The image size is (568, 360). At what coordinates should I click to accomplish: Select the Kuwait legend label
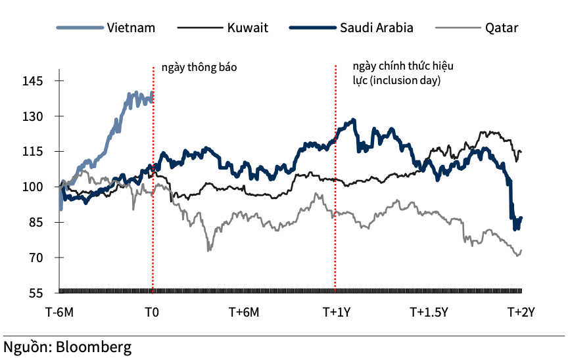[247, 28]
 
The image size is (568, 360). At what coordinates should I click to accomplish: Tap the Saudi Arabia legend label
[377, 28]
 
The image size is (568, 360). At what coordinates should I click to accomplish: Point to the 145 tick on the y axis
[32, 81]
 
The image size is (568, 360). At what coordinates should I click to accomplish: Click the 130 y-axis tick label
[32, 116]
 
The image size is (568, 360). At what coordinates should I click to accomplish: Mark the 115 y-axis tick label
[32, 152]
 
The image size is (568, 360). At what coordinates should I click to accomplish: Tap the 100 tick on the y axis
[32, 187]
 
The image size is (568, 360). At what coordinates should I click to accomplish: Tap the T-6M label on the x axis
[59, 312]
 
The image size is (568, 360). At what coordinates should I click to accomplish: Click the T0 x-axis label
[152, 312]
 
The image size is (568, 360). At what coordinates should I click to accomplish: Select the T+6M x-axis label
[245, 312]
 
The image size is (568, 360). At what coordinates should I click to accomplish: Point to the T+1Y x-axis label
[337, 312]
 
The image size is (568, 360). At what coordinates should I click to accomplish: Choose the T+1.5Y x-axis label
[429, 312]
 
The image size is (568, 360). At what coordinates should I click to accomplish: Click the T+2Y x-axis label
[521, 312]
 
